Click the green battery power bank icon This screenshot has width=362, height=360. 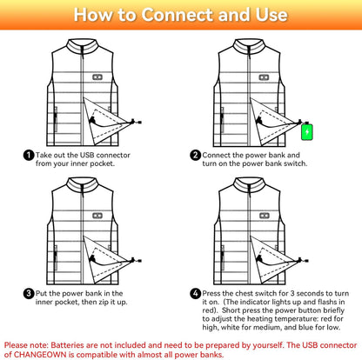pos(307,132)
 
